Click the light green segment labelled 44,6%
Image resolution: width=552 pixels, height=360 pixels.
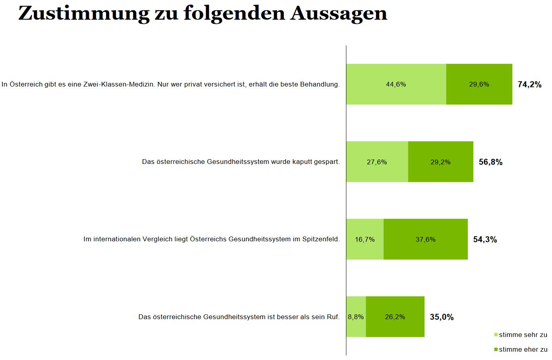coord(396,84)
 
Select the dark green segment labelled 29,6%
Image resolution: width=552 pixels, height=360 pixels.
coord(479,84)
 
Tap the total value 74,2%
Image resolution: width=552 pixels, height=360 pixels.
coord(529,84)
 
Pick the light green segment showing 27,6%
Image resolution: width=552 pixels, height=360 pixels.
coord(377,162)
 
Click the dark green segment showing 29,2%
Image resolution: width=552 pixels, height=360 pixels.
coord(440,162)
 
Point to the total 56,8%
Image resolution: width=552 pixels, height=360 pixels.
coord(490,162)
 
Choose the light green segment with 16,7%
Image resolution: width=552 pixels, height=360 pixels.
coord(365,239)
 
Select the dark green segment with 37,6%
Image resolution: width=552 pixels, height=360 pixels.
coord(425,239)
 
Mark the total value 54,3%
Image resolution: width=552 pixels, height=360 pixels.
coord(485,239)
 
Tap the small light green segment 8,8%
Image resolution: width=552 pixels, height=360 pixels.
coord(356,317)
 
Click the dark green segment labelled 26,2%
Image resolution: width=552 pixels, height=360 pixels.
coord(395,317)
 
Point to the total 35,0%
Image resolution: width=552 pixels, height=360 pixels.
coord(442,317)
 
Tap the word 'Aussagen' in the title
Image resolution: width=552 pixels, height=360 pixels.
coord(338,13)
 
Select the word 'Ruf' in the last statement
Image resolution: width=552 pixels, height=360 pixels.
coord(333,317)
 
